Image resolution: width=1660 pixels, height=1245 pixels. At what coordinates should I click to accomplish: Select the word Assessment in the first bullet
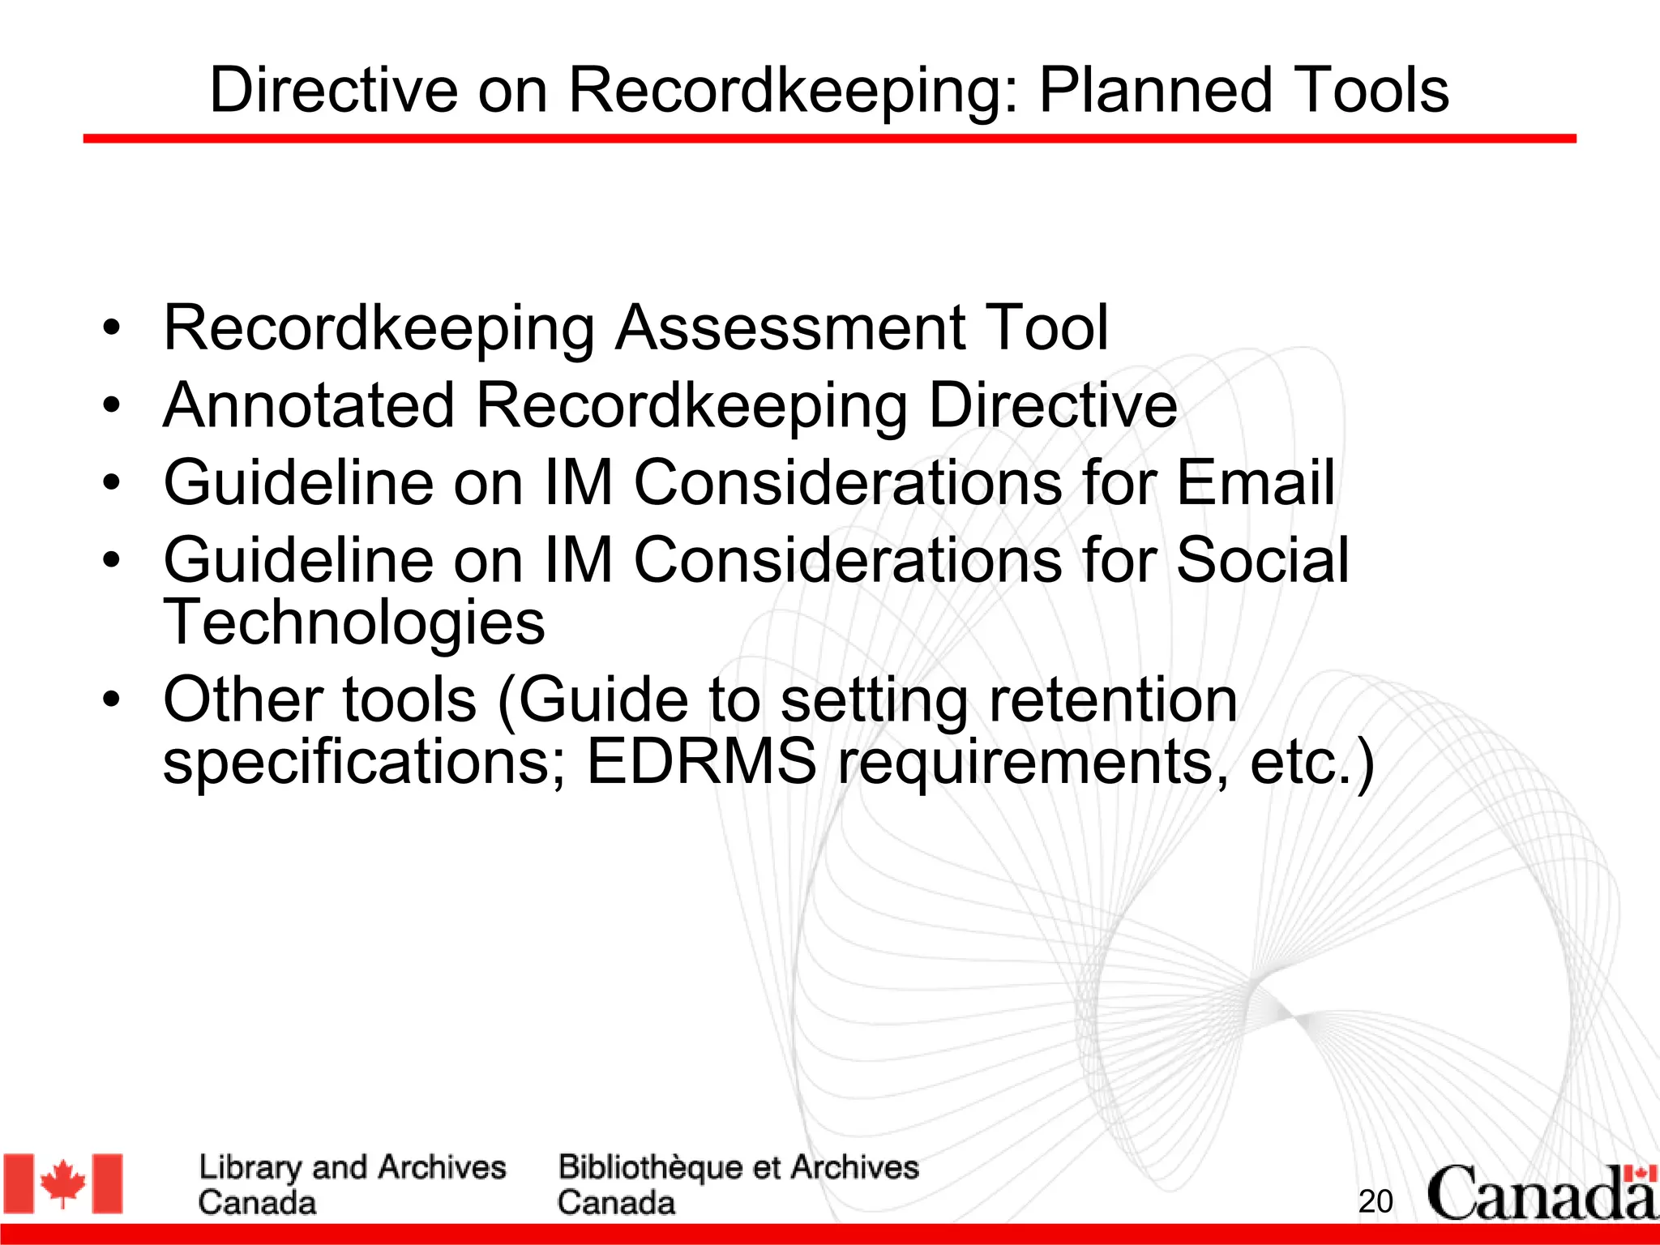tap(789, 327)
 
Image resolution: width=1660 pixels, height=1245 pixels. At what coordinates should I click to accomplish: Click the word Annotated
tap(309, 405)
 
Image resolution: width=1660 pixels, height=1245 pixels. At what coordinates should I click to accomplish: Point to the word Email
tap(1255, 483)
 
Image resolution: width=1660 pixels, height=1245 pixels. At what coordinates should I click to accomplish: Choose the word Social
tap(1262, 560)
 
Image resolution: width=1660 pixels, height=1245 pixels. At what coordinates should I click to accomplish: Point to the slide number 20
tap(1375, 1201)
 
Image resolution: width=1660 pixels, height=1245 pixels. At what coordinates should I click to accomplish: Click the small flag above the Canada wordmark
tap(1641, 1174)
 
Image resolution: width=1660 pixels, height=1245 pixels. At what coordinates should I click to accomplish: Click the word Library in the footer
tap(250, 1168)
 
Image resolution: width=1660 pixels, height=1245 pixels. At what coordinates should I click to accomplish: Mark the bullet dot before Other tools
tap(112, 699)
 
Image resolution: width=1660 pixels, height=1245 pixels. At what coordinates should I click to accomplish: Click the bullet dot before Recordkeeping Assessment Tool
tap(112, 327)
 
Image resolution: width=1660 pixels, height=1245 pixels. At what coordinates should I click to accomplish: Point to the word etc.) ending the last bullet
tap(1311, 764)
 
